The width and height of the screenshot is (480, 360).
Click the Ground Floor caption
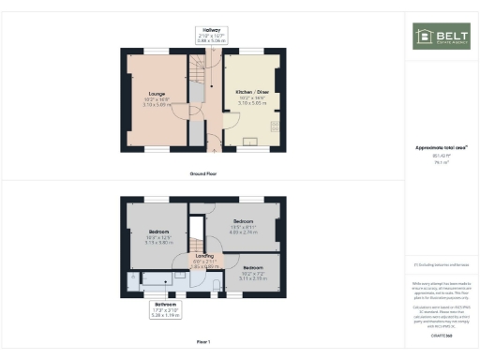203,173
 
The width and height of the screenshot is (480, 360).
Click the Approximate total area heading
442,146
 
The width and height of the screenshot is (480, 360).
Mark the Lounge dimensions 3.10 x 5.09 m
157,105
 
